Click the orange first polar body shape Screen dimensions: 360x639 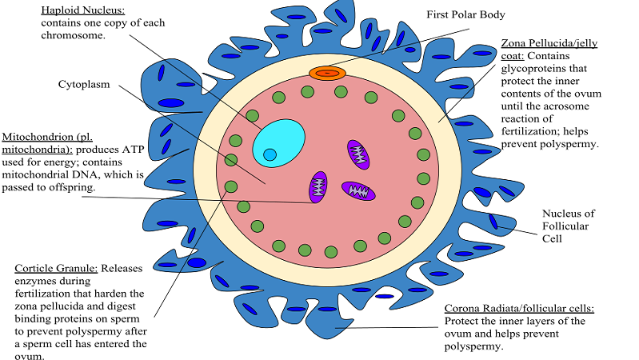pyautogui.click(x=325, y=74)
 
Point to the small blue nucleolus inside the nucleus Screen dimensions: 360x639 pyautogui.click(x=270, y=154)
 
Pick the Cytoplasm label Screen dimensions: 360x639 pyautogui.click(x=84, y=83)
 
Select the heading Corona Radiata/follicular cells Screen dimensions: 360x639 pyautogui.click(x=521, y=308)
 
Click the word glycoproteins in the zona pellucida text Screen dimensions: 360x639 pyautogui.click(x=538, y=70)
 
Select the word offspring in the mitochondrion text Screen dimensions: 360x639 pyautogui.click(x=74, y=187)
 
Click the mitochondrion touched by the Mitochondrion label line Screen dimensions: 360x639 pyautogui.click(x=318, y=186)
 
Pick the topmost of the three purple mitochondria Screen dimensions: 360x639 pyautogui.click(x=357, y=154)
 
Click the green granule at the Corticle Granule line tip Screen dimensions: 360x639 pyautogui.click(x=231, y=187)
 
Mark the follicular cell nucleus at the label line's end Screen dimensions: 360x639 pyautogui.click(x=497, y=222)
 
